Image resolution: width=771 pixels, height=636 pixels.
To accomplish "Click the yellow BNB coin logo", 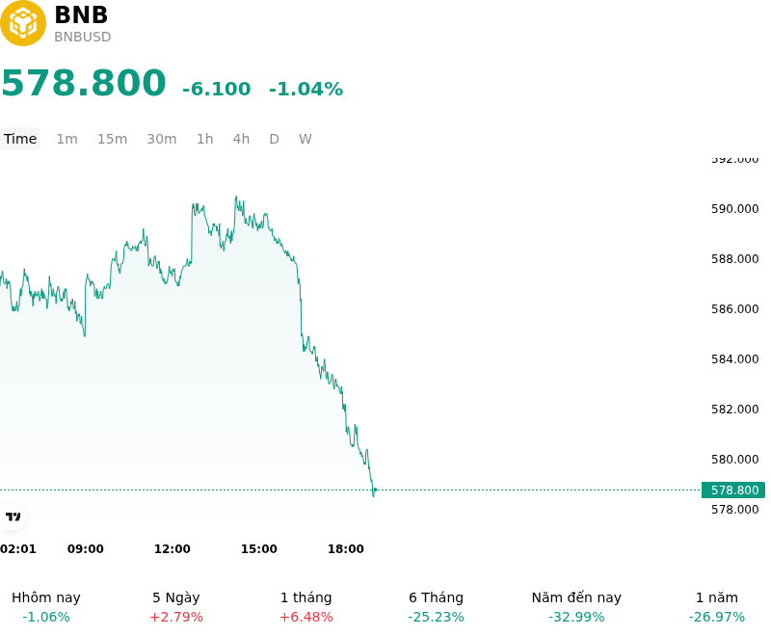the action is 22,23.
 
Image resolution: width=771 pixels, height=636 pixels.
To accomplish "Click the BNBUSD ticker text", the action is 82,37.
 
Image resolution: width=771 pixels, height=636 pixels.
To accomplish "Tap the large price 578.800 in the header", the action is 84,83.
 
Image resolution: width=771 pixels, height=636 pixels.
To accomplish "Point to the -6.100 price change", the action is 216,89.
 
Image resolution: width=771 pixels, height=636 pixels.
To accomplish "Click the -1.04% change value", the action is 306,89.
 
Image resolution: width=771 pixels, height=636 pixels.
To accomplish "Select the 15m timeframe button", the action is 112,139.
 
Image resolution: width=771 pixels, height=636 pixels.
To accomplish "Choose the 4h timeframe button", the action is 241,139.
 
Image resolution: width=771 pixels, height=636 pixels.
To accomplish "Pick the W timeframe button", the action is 305,139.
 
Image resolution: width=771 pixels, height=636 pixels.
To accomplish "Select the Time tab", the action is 20,139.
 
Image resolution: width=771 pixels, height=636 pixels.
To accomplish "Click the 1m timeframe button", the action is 66,139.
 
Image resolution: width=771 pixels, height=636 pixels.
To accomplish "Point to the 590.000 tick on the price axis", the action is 734,209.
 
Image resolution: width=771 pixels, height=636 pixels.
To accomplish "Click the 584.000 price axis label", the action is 734,359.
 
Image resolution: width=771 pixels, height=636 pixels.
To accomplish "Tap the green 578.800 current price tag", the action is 733,490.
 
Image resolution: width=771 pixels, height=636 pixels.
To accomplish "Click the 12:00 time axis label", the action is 173,549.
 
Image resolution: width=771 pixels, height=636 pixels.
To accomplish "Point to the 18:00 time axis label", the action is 346,549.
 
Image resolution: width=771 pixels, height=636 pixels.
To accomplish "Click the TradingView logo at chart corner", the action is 13,517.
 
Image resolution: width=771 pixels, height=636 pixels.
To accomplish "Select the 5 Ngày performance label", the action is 176,597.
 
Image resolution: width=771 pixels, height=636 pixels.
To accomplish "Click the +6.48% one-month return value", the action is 306,617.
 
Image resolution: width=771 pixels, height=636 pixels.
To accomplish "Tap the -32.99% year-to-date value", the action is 576,617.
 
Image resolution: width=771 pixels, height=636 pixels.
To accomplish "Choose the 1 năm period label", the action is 717,597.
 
